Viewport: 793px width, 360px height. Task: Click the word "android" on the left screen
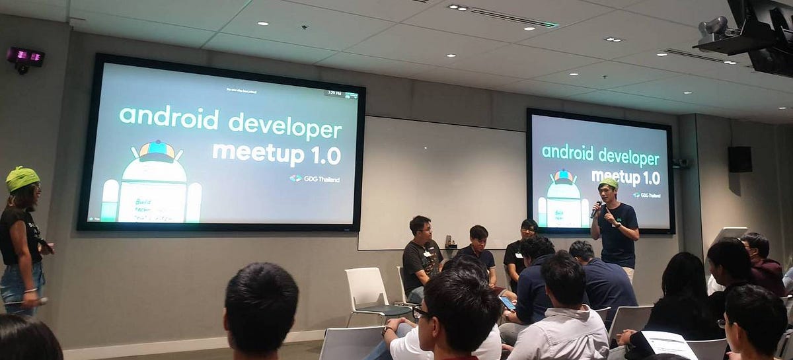coord(169,119)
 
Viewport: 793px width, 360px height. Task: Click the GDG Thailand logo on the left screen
coord(315,178)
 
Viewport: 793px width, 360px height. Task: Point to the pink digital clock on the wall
coord(25,57)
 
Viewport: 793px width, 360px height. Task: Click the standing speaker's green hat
coord(609,182)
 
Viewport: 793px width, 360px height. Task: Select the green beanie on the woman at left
coord(22,178)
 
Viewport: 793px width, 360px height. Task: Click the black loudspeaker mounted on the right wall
coord(739,159)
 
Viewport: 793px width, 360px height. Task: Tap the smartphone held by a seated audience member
coord(507,303)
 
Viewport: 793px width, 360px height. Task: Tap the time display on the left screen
coord(333,94)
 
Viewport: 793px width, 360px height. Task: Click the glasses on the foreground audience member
coord(421,312)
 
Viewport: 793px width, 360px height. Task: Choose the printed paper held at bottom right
coord(668,344)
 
